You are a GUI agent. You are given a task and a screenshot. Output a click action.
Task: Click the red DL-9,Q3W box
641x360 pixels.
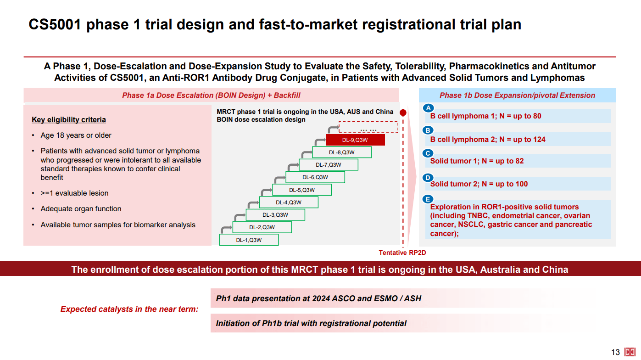pyautogui.click(x=355, y=140)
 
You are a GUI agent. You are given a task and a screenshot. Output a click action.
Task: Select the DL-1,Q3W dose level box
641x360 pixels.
pyautogui.click(x=249, y=240)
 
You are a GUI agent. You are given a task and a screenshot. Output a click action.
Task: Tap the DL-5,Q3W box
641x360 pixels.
pyautogui.click(x=301, y=190)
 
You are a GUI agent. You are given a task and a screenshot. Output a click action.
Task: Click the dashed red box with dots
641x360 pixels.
pyautogui.click(x=368, y=127)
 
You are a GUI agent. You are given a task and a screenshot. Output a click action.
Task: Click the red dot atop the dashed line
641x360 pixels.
pyautogui.click(x=403, y=112)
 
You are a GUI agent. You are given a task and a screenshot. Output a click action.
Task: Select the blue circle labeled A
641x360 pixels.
pyautogui.click(x=428, y=108)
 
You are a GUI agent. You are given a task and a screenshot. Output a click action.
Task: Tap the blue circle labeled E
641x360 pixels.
pyautogui.click(x=428, y=199)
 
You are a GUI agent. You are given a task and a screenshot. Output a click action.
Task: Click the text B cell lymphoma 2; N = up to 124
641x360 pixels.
pyautogui.click(x=487, y=140)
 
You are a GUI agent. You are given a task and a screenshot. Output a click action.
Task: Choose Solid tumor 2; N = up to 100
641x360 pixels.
pyautogui.click(x=479, y=184)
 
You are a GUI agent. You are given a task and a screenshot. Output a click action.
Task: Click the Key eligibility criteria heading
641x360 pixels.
pyautogui.click(x=69, y=120)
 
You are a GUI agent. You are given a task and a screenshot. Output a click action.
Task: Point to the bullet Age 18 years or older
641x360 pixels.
pyautogui.click(x=76, y=135)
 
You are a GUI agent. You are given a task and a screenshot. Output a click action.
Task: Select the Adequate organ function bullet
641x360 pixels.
pyautogui.click(x=81, y=209)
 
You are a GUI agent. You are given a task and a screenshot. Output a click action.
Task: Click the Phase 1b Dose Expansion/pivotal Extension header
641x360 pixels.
pyautogui.click(x=517, y=96)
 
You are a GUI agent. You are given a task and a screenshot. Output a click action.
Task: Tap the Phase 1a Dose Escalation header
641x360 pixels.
pyautogui.click(x=211, y=96)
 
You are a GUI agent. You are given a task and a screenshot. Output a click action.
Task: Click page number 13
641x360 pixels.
pyautogui.click(x=615, y=352)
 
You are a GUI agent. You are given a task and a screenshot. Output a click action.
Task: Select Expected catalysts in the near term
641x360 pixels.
pyautogui.click(x=129, y=309)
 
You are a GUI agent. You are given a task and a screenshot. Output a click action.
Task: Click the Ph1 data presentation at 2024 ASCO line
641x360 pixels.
pyautogui.click(x=318, y=298)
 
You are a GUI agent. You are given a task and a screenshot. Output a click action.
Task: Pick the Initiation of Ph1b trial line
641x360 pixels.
pyautogui.click(x=311, y=323)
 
